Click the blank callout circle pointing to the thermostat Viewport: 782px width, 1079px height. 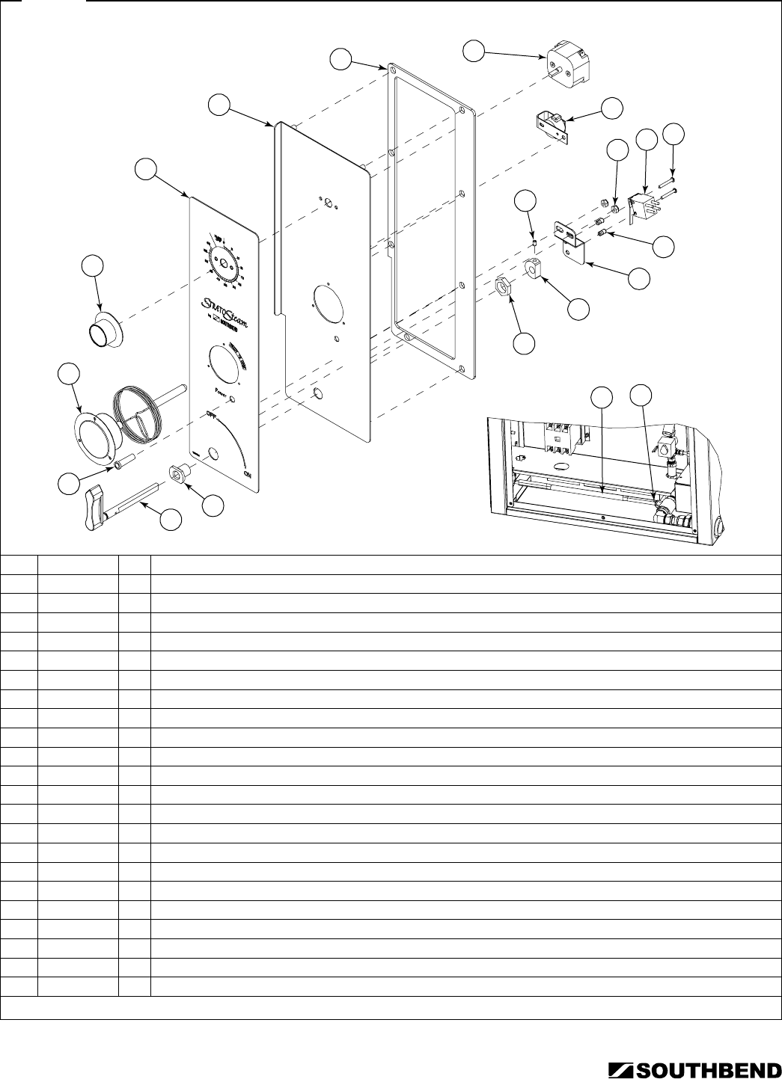tap(473, 50)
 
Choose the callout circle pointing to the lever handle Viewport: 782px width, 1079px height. tap(173, 520)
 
